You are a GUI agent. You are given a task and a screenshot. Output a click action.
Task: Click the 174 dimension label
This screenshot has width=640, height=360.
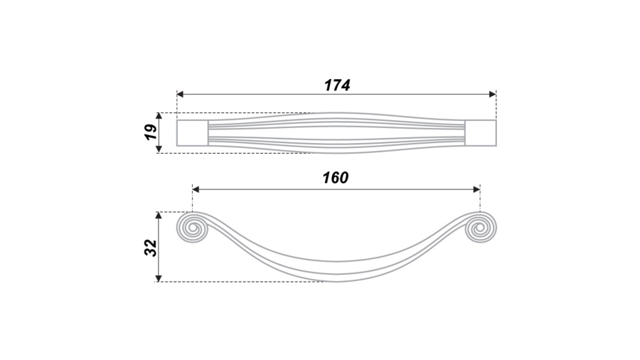[x=337, y=85]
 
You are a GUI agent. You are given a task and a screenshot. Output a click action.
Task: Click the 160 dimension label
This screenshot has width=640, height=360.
[x=336, y=178]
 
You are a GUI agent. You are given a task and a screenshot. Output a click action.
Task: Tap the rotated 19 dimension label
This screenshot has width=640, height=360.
[x=151, y=132]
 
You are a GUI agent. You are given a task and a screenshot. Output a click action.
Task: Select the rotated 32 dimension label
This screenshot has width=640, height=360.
[x=151, y=248]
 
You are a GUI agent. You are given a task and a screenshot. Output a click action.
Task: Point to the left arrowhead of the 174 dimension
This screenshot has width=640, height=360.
[x=180, y=95]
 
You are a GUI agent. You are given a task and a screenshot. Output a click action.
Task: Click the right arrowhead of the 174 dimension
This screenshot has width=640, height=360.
[x=493, y=95]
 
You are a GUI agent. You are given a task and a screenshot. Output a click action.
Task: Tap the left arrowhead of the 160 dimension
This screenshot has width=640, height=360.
[x=196, y=189]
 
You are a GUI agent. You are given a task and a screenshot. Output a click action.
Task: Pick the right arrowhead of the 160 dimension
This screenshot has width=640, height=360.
[x=476, y=189]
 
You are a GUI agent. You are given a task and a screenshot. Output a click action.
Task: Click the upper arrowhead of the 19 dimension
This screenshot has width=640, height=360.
[x=159, y=117]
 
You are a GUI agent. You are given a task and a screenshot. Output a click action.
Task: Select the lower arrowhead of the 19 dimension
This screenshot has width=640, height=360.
[x=159, y=149]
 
